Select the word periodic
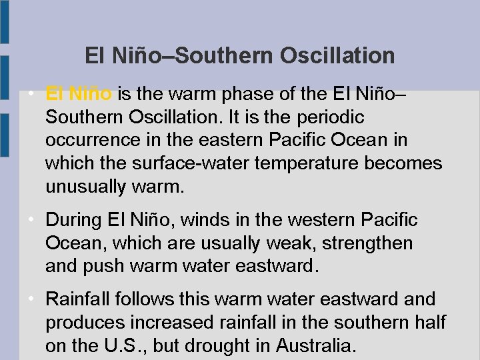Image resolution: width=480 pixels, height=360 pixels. tap(330, 117)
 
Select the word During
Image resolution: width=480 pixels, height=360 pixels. tap(72, 219)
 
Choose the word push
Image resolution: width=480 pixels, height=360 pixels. tap(104, 267)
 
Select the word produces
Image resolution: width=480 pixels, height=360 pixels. tap(89, 323)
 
